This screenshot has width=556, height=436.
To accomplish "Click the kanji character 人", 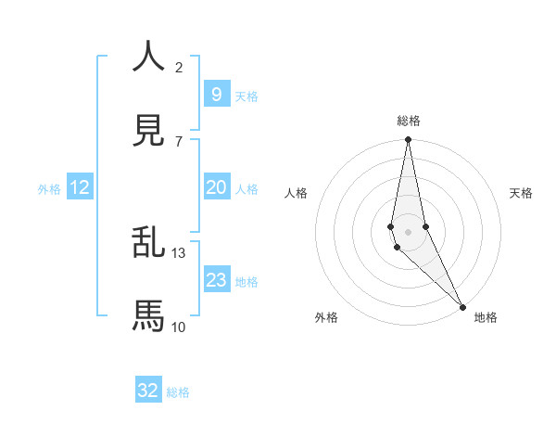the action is (x=148, y=57).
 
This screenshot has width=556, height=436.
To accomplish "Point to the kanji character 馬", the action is (x=148, y=316).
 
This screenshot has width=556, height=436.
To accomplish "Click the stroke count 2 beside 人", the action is (x=179, y=67).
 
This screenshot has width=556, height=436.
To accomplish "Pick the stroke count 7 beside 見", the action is (x=179, y=141).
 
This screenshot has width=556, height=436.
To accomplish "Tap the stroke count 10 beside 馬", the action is (x=179, y=327).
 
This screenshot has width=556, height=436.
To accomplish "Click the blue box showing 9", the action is (x=216, y=94).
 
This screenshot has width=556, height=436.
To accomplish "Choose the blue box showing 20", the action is (x=216, y=187).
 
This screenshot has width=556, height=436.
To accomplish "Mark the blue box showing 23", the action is (x=216, y=280).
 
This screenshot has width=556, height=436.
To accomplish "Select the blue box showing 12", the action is (x=80, y=187).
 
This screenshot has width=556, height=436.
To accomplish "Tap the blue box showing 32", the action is (x=148, y=391).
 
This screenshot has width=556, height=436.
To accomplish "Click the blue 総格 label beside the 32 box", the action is (x=178, y=392).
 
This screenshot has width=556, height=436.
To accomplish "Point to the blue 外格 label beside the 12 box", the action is (x=49, y=189).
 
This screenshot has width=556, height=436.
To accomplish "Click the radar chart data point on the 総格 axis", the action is (x=408, y=140).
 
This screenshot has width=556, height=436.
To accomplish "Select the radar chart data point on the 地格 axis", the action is (x=463, y=305).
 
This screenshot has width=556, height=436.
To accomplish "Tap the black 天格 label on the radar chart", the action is (x=521, y=193).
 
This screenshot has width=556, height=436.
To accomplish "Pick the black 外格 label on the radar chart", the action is (x=326, y=317).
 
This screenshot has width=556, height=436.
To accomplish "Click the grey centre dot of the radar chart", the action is (x=408, y=231).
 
